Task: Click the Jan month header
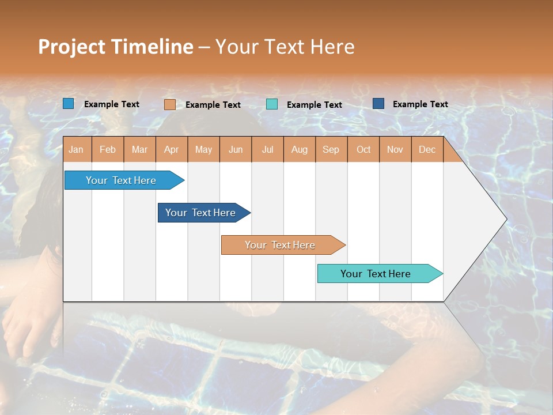77,149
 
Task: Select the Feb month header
108,149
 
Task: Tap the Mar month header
139,149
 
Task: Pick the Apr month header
172,149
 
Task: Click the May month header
203,149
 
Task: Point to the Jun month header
236,149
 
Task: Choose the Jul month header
267,149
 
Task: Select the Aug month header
300,149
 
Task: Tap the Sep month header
331,149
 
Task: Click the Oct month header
363,149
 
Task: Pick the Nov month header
395,149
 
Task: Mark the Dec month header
427,149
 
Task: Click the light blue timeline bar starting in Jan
122,180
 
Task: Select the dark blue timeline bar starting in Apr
201,213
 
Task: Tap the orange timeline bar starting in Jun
281,245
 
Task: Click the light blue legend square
69,104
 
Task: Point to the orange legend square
170,104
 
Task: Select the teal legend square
272,104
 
